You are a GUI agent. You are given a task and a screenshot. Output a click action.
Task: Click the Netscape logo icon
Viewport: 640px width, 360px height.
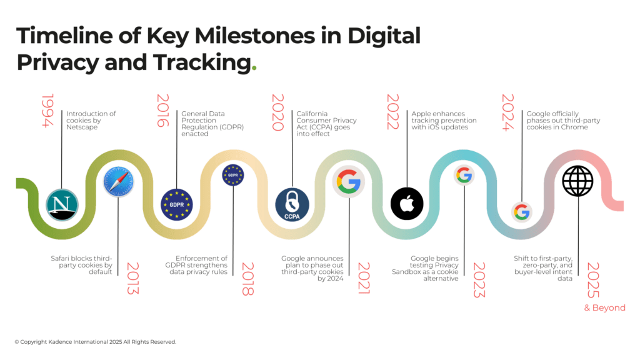pyautogui.click(x=62, y=204)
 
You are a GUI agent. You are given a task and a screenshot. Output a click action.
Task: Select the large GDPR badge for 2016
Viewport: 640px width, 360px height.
pyautogui.click(x=177, y=204)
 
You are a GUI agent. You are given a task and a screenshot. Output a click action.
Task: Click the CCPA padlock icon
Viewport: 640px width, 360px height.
pyautogui.click(x=292, y=204)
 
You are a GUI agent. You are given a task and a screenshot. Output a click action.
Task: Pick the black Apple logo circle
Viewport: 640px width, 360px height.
pyautogui.click(x=407, y=204)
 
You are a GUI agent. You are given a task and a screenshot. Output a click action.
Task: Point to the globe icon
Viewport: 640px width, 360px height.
pyautogui.click(x=577, y=181)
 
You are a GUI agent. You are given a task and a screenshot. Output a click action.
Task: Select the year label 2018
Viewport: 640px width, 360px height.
pyautogui.click(x=248, y=278)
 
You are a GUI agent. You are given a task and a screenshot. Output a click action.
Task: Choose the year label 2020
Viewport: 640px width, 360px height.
pyautogui.click(x=277, y=112)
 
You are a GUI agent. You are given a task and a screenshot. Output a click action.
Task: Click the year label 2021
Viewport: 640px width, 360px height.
pyautogui.click(x=363, y=278)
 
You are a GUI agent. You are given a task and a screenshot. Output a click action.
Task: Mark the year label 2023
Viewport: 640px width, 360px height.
pyautogui.click(x=478, y=279)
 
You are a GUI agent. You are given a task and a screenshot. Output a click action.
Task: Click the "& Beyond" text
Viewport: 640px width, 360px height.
pyautogui.click(x=604, y=307)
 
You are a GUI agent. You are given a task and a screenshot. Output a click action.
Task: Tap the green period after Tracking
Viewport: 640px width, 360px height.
pyautogui.click(x=253, y=68)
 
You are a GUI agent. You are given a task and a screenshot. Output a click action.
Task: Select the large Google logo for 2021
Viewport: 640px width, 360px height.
pyautogui.click(x=349, y=181)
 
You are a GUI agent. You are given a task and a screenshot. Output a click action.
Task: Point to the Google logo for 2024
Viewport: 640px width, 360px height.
pyautogui.click(x=521, y=212)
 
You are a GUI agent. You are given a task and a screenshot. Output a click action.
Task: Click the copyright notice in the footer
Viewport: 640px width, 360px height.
pyautogui.click(x=95, y=342)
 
